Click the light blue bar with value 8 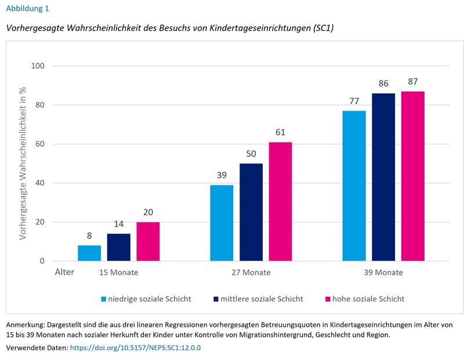tap(89, 253)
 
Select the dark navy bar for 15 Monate tap(119, 248)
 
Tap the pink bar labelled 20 tap(148, 242)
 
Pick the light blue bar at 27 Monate tap(222, 223)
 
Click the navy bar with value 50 tap(251, 212)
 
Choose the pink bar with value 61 tap(280, 202)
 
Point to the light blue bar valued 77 tap(354, 186)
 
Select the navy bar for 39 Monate tap(383, 177)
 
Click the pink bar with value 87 tap(412, 176)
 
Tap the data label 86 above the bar tap(383, 83)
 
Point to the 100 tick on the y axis tap(38, 66)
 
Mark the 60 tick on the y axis tap(40, 144)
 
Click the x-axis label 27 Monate tap(251, 272)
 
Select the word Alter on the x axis tap(64, 272)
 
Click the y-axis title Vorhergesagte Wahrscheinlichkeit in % tap(24, 164)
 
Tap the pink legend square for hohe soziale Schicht tap(328, 299)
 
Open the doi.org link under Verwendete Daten tap(135, 348)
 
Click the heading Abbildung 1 tap(27, 9)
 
